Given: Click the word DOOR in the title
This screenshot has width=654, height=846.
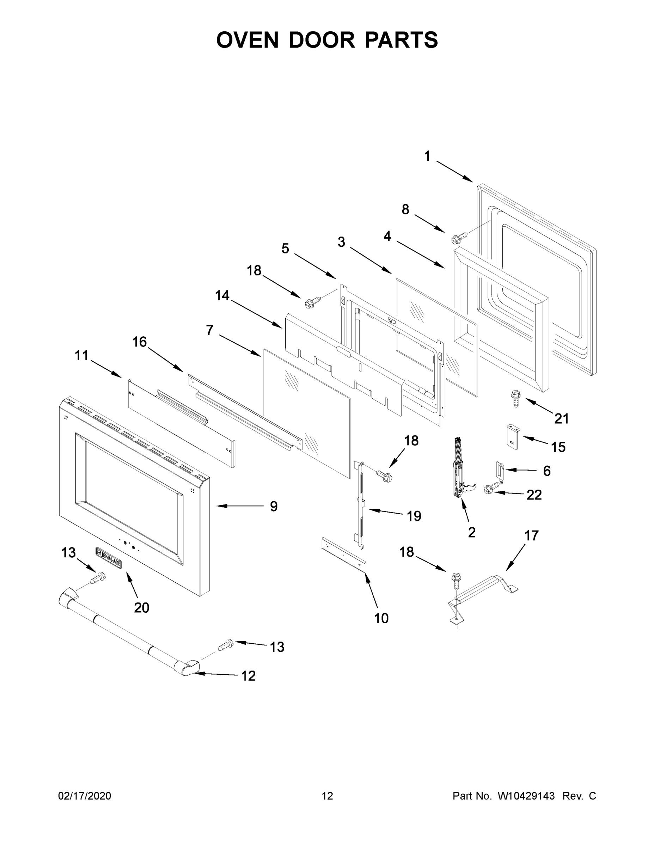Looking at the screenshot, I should (x=322, y=40).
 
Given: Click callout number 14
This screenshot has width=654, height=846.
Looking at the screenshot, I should (x=222, y=295).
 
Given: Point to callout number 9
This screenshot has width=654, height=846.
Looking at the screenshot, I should (x=274, y=506).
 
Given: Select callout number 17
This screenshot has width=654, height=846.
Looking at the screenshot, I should (x=531, y=536).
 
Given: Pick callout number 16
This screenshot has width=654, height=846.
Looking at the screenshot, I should (x=140, y=342).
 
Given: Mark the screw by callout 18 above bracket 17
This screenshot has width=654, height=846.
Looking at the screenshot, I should (x=456, y=580).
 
